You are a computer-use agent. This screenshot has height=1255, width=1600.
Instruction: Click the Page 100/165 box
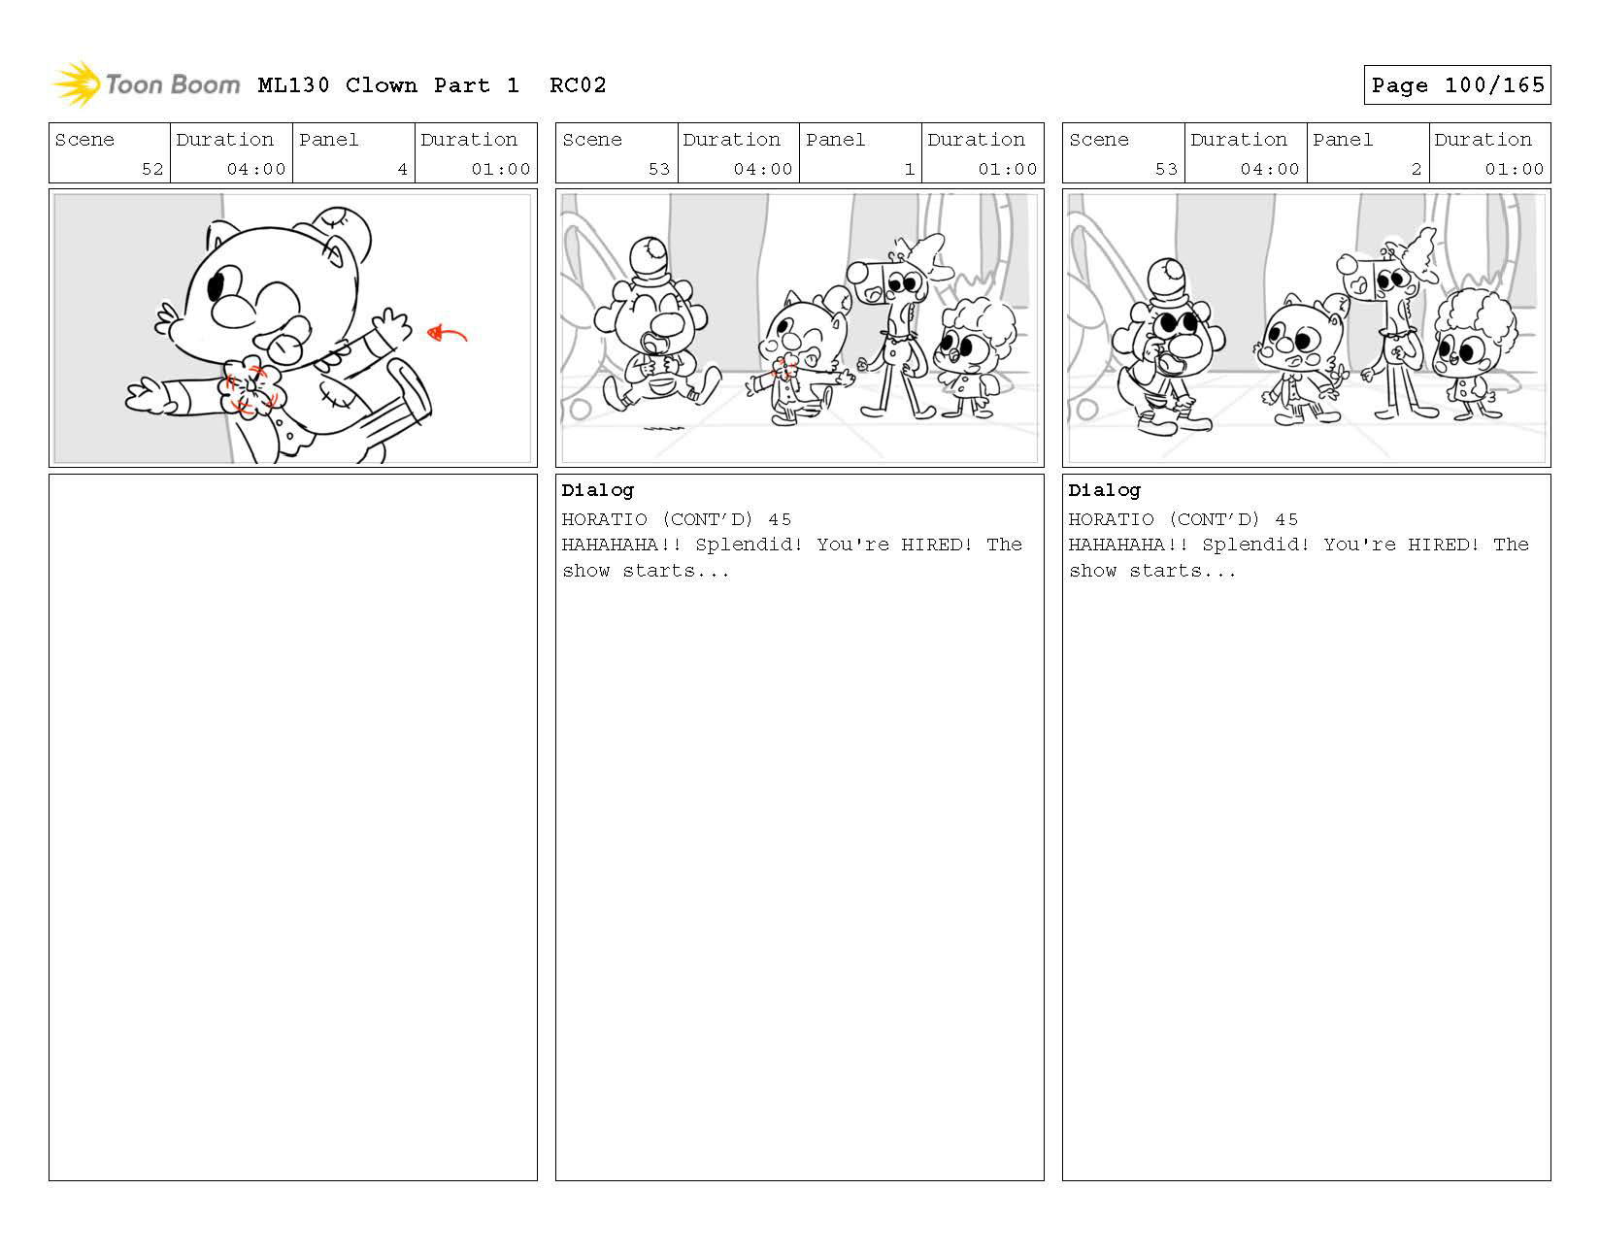tap(1456, 85)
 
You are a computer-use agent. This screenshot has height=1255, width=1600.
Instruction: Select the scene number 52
tap(152, 169)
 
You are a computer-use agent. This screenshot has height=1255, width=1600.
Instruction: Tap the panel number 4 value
tap(402, 169)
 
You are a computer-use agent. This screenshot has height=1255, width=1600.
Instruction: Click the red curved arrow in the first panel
tap(447, 334)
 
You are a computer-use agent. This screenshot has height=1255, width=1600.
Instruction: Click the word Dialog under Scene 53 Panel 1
tap(597, 490)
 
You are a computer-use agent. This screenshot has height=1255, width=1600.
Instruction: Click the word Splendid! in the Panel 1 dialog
tap(749, 545)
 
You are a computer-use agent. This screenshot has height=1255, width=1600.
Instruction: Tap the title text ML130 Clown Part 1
tap(388, 85)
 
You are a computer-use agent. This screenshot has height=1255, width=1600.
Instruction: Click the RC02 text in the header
tap(578, 85)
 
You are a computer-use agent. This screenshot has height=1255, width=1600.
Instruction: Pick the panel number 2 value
tap(1416, 169)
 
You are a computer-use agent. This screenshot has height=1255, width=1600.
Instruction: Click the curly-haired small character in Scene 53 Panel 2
tap(1472, 353)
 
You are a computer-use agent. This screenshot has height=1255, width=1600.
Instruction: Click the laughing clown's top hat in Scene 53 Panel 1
tap(650, 262)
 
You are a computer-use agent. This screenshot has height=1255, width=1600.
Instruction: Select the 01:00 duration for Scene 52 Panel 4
tap(501, 169)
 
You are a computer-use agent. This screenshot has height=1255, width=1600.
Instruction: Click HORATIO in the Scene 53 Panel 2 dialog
tap(1111, 519)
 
